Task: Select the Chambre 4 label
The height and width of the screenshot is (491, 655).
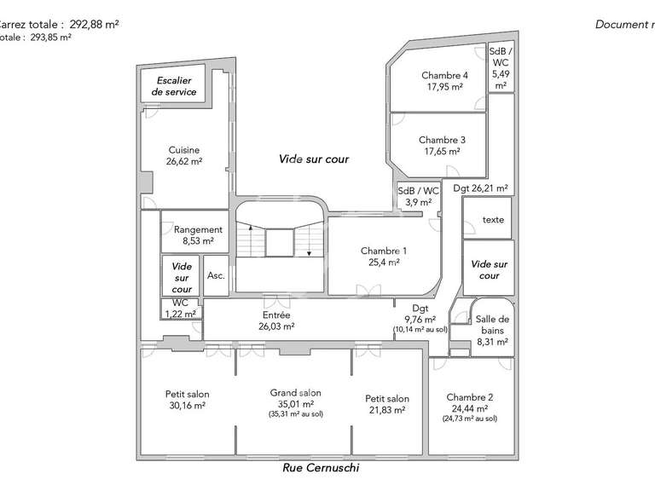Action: click(444, 75)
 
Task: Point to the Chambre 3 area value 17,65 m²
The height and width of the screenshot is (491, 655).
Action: click(442, 151)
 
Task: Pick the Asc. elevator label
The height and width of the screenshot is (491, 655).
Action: click(216, 275)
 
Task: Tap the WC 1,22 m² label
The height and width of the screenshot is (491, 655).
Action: click(180, 308)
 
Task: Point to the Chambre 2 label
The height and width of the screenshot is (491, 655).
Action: click(469, 397)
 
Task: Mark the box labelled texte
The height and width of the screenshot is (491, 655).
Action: click(493, 220)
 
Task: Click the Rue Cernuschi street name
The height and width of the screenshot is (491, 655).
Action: click(322, 468)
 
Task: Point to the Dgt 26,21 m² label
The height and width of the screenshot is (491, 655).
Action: click(480, 188)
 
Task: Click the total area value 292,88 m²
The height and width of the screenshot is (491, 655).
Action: click(94, 24)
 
